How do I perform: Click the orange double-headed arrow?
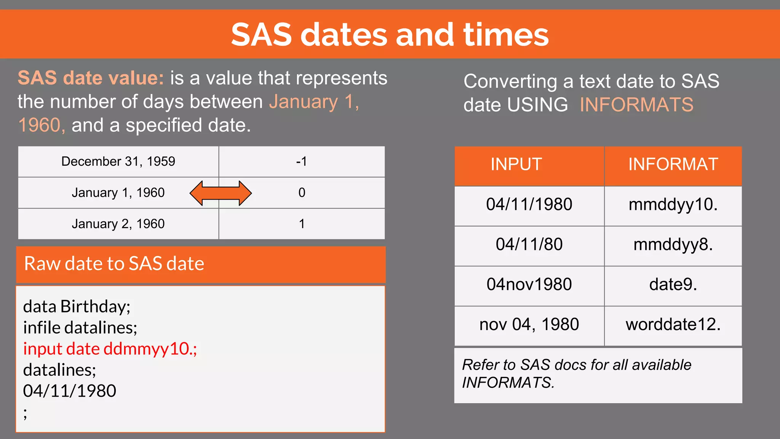click(221, 193)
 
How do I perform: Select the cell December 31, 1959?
click(118, 162)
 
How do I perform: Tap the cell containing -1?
click(301, 162)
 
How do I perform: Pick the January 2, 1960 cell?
click(118, 224)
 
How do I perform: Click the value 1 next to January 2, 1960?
click(301, 224)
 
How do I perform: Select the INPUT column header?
click(516, 165)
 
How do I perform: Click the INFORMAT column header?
click(673, 165)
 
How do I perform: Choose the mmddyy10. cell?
click(673, 205)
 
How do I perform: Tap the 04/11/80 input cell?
click(529, 245)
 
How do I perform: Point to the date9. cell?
click(673, 285)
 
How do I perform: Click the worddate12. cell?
click(673, 325)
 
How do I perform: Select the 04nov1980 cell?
click(529, 285)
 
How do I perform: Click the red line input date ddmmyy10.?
click(110, 349)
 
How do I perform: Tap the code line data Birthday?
click(77, 307)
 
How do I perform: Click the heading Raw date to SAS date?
click(114, 264)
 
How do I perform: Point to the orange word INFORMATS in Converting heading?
click(636, 105)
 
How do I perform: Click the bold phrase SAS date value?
click(91, 78)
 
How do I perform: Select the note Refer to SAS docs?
click(576, 373)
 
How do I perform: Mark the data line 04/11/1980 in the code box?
click(70, 391)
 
